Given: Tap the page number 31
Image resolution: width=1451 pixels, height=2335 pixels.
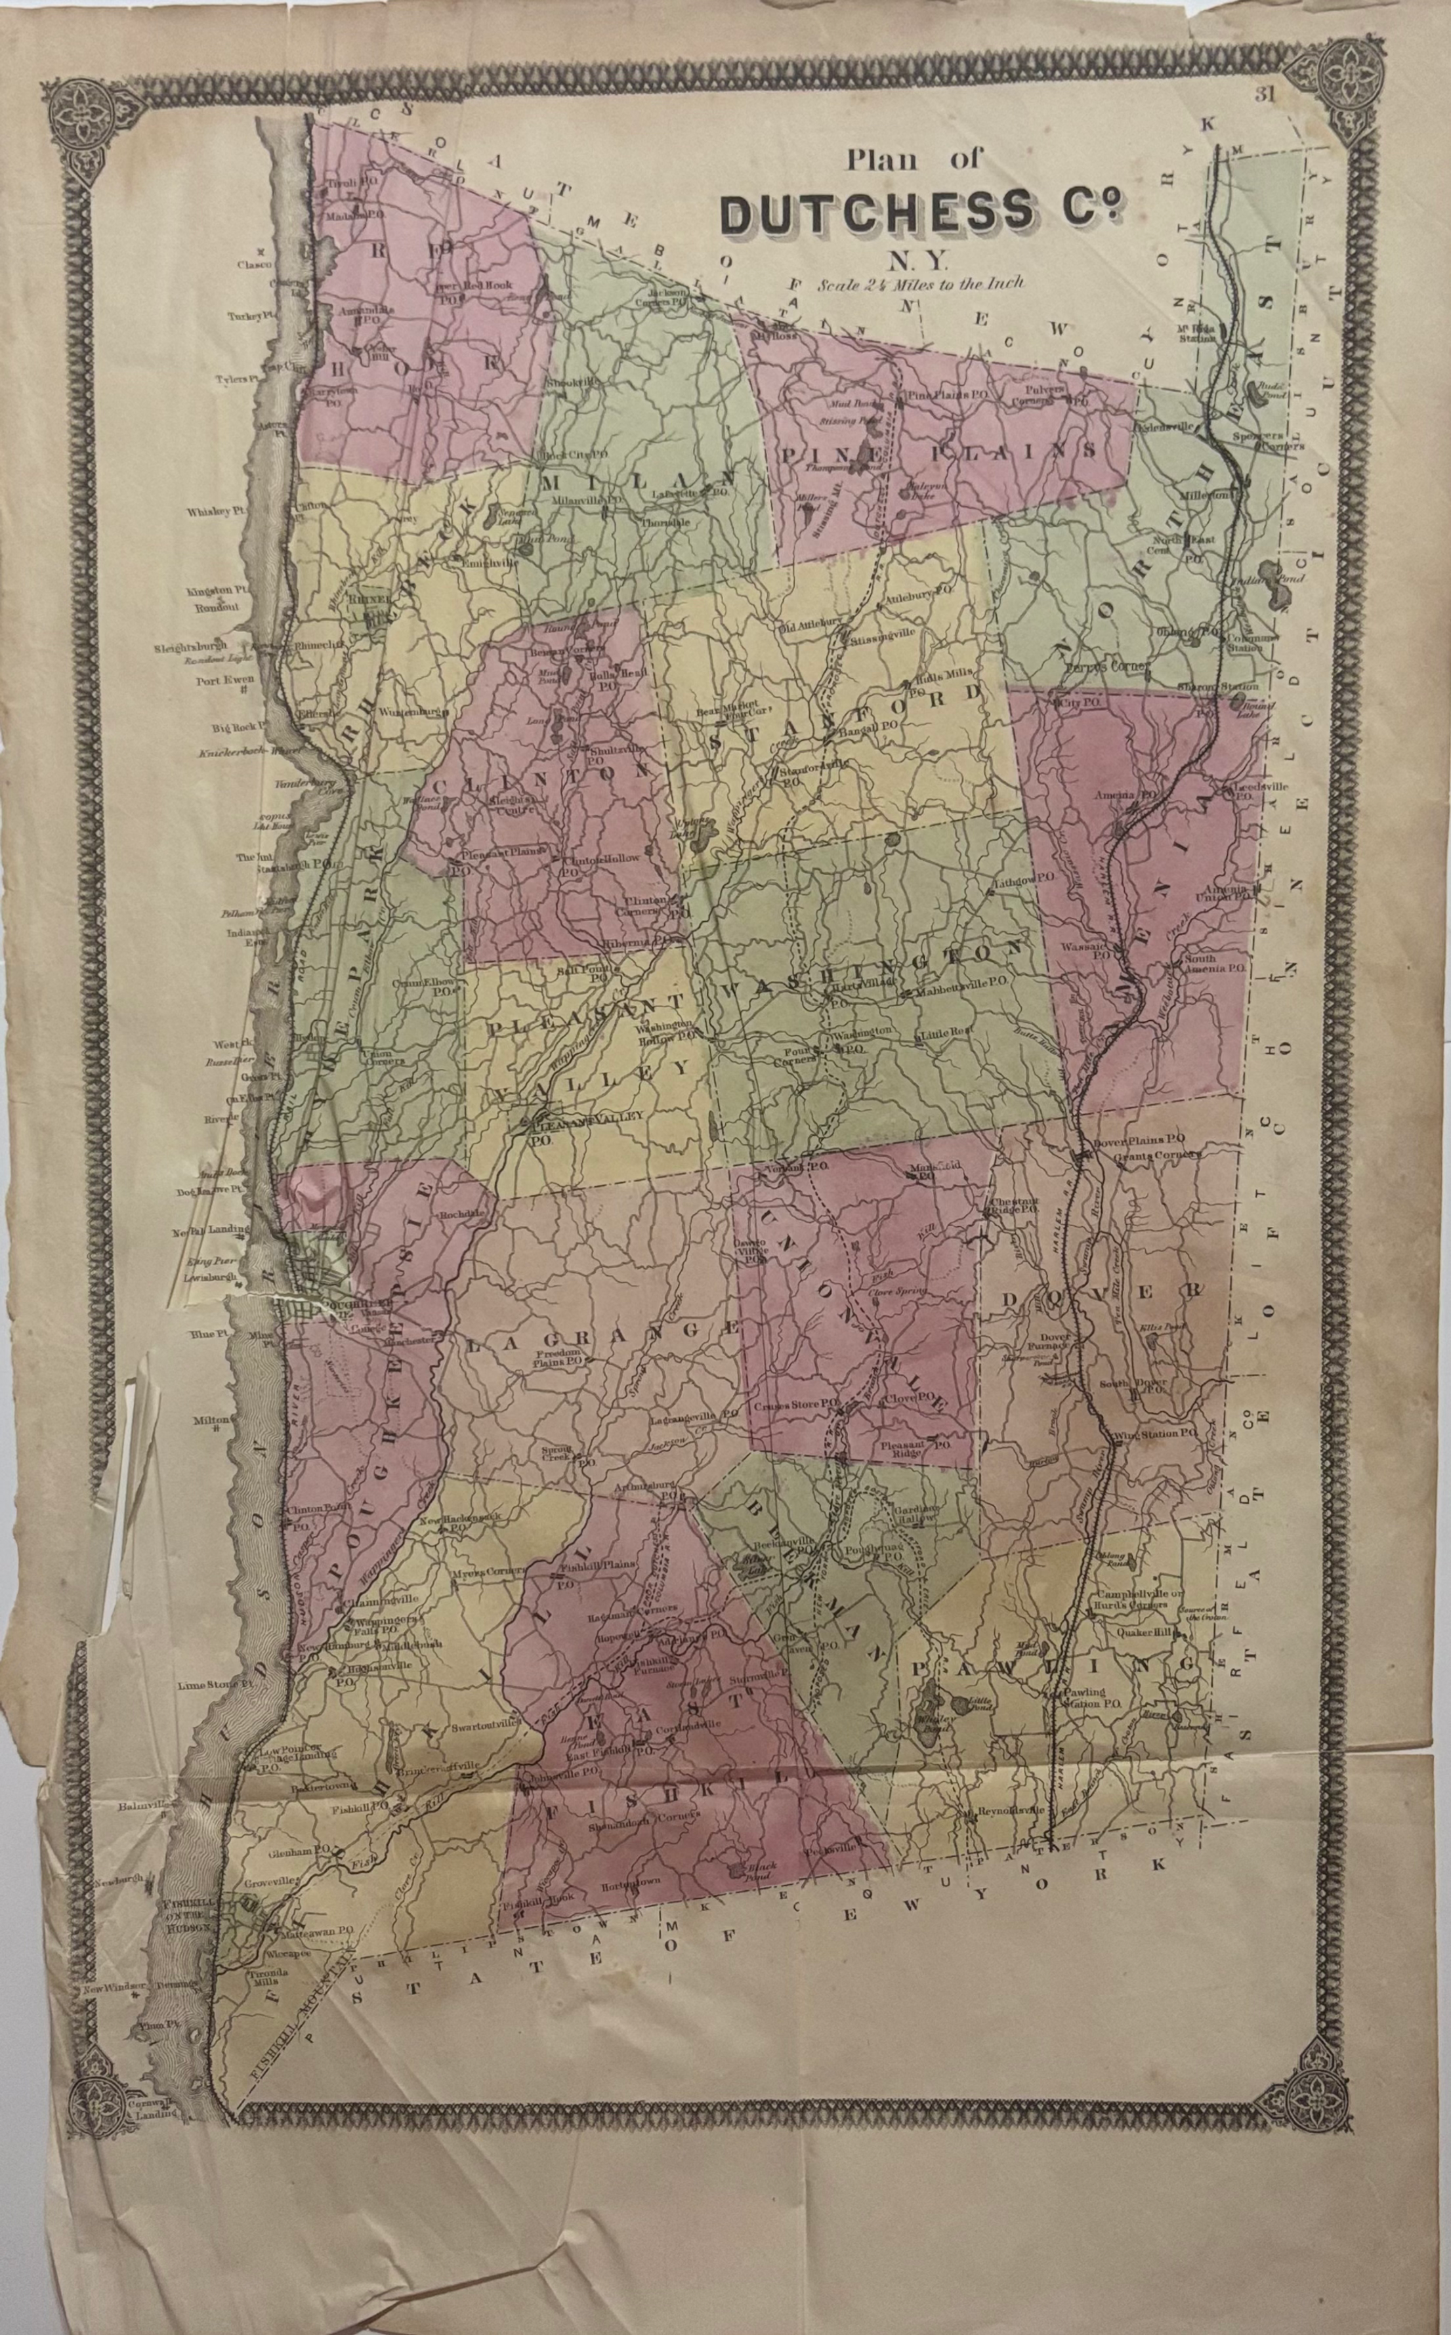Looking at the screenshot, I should (x=1263, y=94).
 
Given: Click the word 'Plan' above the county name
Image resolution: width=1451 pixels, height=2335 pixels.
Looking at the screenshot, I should (x=881, y=160).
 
